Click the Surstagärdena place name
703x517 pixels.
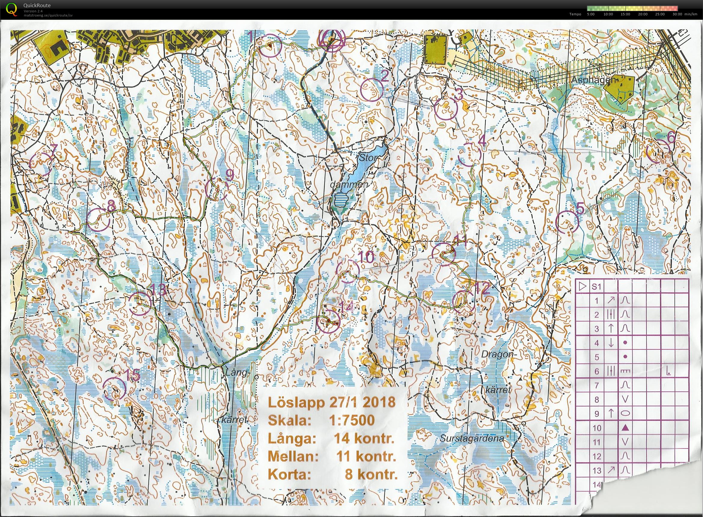coord(472,439)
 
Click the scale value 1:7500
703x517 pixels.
coord(352,420)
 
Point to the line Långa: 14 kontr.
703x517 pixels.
coord(331,439)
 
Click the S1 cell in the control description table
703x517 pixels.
coord(596,287)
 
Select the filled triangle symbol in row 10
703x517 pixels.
coord(625,427)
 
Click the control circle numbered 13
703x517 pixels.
coord(140,303)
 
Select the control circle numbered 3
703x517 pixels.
coord(446,108)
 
